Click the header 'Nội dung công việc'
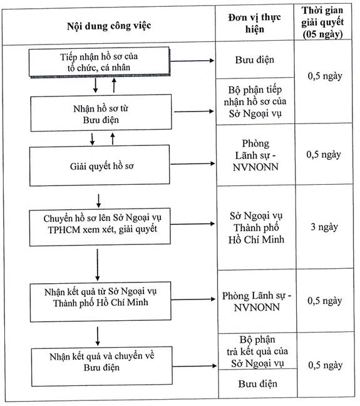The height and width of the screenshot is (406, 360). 109,26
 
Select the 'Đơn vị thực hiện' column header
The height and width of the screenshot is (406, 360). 255,23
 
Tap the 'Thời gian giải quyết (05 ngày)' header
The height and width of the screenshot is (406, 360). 322,23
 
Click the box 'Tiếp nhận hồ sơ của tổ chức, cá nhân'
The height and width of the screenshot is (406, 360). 99,61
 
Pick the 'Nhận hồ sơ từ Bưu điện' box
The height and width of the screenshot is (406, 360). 101,113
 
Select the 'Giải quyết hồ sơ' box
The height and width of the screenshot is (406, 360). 100,165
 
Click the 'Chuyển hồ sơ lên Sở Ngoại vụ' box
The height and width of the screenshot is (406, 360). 100,226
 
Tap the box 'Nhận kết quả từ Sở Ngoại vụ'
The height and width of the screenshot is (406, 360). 100,301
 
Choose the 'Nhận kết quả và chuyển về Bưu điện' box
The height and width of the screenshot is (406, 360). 101,367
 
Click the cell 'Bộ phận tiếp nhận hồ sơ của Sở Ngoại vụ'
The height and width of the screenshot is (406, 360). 255,101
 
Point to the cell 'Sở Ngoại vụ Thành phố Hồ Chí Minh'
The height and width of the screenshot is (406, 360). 256,227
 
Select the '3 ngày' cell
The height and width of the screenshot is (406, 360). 324,227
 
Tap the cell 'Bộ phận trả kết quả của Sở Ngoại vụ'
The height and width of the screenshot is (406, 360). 257,351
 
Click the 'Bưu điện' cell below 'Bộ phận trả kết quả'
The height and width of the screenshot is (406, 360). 258,383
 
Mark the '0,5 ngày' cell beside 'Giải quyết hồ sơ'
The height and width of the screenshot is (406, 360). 324,155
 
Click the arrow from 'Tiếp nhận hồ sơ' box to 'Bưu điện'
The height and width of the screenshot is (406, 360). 192,61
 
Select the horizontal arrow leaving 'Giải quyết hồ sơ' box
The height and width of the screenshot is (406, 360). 193,164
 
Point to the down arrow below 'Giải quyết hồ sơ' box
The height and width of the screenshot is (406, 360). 98,200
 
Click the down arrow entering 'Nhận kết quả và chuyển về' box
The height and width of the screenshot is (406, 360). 98,336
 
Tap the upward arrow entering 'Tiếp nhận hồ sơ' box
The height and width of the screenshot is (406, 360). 114,85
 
